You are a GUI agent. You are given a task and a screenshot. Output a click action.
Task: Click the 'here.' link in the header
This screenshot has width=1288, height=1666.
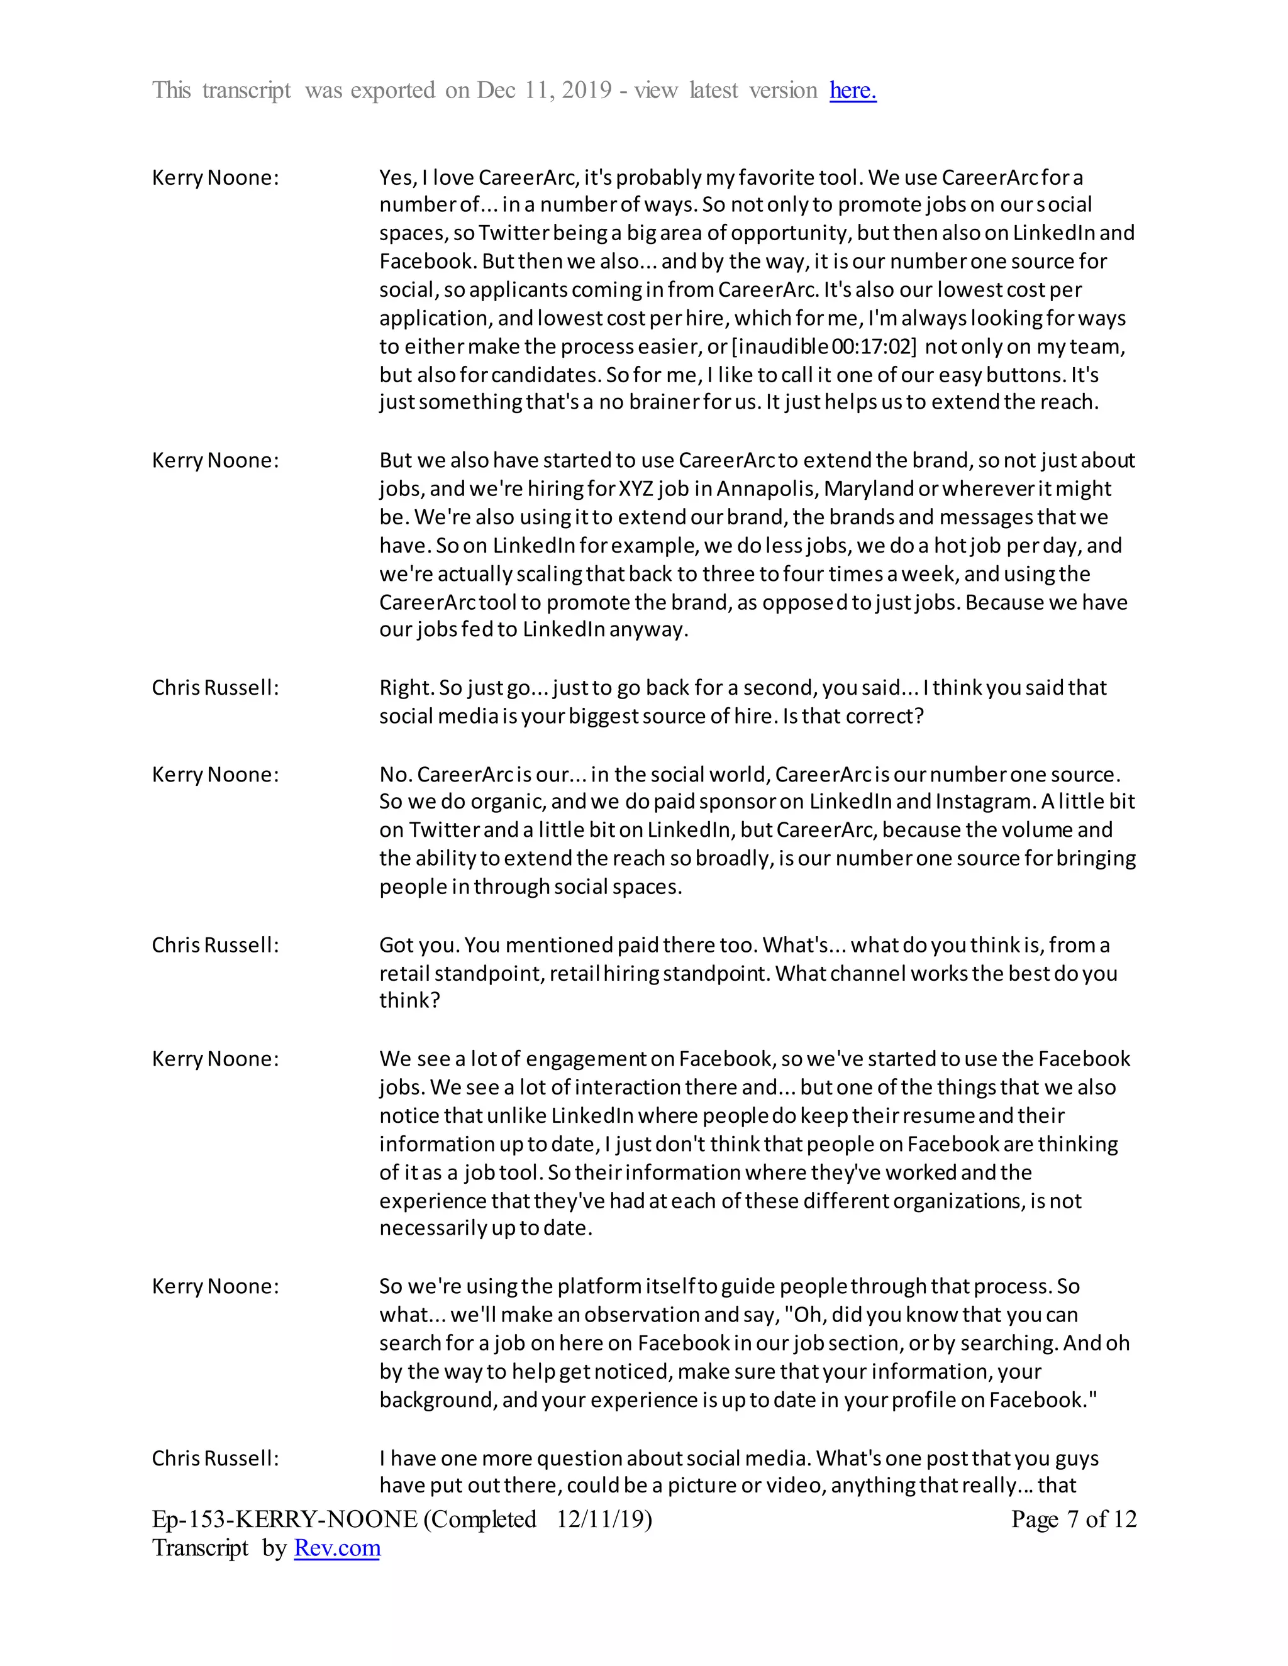[852, 90]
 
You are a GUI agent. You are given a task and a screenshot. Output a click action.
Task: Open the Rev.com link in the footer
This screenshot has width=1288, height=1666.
[336, 1548]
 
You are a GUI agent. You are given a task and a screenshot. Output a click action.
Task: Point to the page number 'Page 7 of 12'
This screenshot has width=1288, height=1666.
[1074, 1519]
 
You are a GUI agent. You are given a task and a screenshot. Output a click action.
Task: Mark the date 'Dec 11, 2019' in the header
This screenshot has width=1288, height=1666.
[544, 90]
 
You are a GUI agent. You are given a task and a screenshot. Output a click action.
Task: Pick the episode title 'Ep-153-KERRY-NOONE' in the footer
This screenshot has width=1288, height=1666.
[285, 1519]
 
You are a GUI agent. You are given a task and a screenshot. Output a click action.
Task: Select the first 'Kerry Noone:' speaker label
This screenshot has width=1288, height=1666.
[215, 178]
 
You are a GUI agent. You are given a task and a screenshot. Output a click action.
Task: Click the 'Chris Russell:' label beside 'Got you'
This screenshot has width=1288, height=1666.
[215, 945]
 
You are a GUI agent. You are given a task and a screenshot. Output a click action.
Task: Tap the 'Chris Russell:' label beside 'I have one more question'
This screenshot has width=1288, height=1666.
[215, 1459]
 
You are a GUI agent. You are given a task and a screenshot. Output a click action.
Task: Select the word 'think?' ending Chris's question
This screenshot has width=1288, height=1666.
[409, 1001]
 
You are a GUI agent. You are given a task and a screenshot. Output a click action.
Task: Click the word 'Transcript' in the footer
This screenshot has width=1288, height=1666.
[200, 1548]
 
